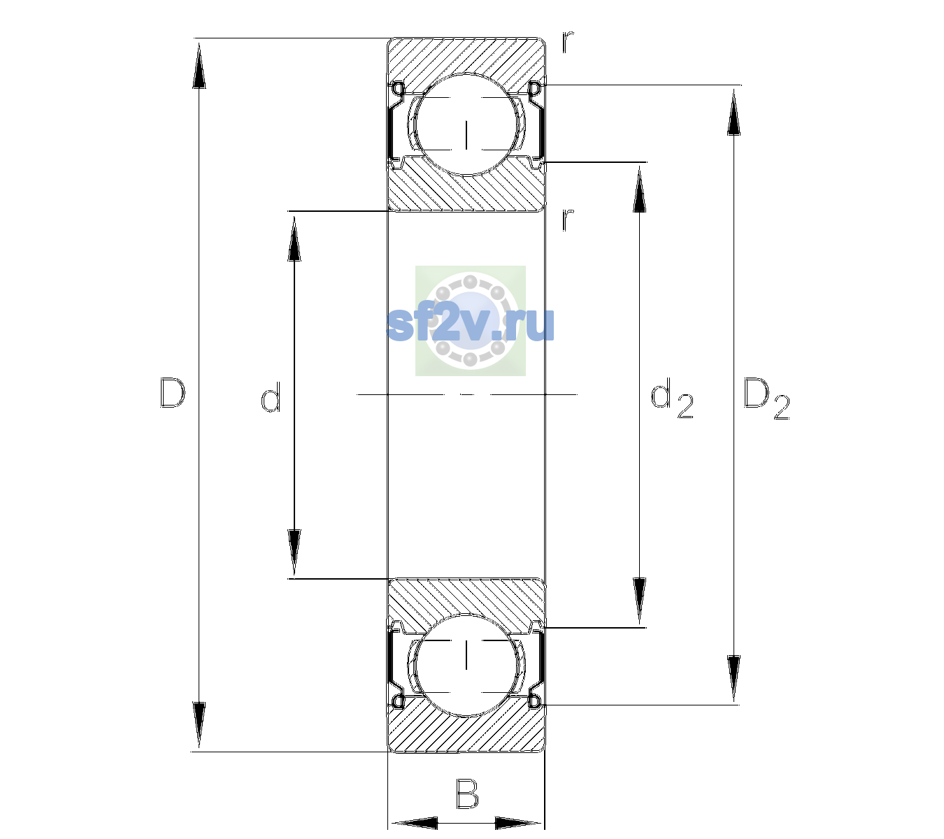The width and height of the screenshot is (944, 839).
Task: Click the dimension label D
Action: (172, 393)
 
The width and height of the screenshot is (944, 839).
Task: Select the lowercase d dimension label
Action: (271, 397)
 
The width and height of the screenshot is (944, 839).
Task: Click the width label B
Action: (467, 793)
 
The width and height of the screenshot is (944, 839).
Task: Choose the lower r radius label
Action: (568, 220)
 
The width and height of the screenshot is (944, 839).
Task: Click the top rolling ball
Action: (466, 124)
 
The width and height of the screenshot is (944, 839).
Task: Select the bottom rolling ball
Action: (466, 665)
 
